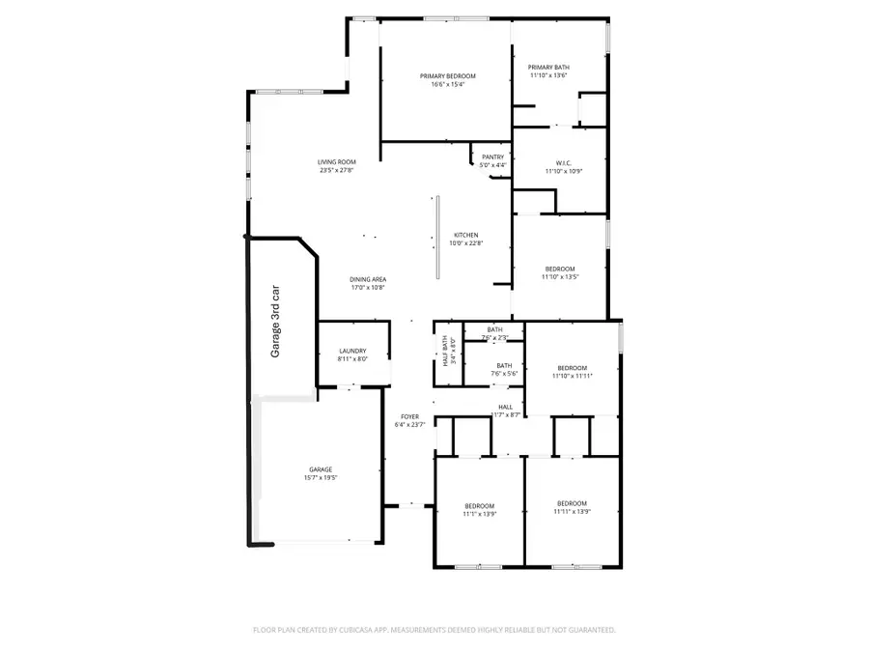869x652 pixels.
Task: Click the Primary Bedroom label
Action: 447,80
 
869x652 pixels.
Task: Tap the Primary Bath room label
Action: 548,71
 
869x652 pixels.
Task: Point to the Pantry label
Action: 492,160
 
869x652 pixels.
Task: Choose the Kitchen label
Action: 466,240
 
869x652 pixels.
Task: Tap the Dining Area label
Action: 368,283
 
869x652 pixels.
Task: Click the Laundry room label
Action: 352,354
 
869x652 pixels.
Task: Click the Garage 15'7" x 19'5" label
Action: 321,473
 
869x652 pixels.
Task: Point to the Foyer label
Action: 409,420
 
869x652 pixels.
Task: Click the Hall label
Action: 506,411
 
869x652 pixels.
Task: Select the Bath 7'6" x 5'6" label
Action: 504,369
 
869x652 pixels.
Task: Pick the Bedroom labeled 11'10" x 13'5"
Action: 560,272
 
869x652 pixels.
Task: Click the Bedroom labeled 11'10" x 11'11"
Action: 572,371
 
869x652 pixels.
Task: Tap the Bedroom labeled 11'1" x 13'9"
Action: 480,510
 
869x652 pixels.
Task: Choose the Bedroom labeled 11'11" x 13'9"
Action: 572,507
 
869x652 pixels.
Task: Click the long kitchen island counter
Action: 436,238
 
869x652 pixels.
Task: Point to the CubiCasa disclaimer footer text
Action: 434,630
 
